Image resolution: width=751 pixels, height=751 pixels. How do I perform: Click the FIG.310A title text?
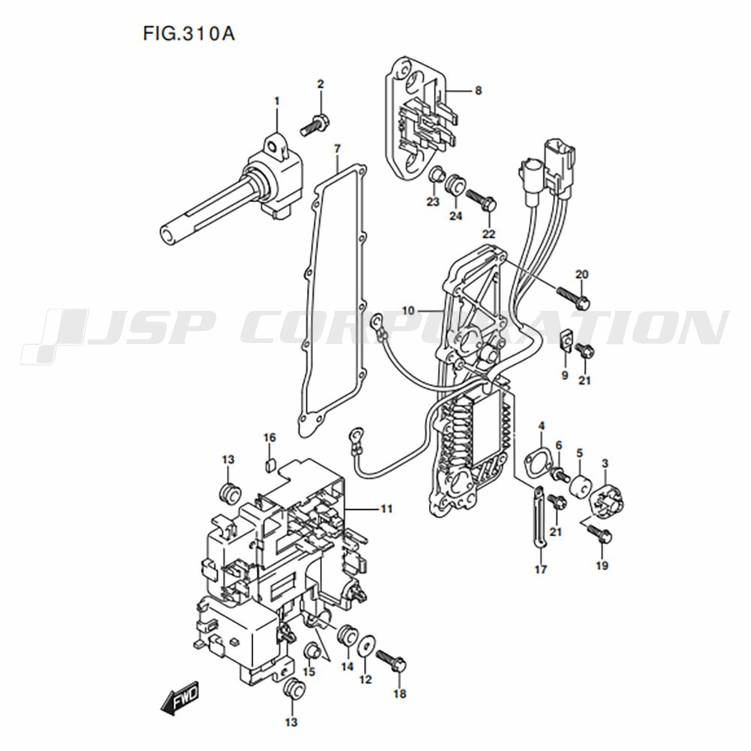coord(189,34)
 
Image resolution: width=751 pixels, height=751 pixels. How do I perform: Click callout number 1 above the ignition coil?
coord(276,101)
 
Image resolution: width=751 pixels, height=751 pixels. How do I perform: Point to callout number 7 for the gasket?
coord(338,149)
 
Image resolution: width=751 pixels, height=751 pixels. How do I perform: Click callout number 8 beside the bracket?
coord(478,90)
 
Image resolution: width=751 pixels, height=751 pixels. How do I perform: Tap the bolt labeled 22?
coord(481,201)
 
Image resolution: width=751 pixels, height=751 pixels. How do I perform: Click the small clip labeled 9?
coord(566,340)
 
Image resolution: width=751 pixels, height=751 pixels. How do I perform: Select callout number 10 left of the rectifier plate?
coord(408,311)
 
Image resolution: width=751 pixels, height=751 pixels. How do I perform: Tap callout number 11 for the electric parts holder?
coord(387,508)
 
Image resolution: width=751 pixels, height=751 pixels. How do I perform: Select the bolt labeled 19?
coord(599,533)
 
